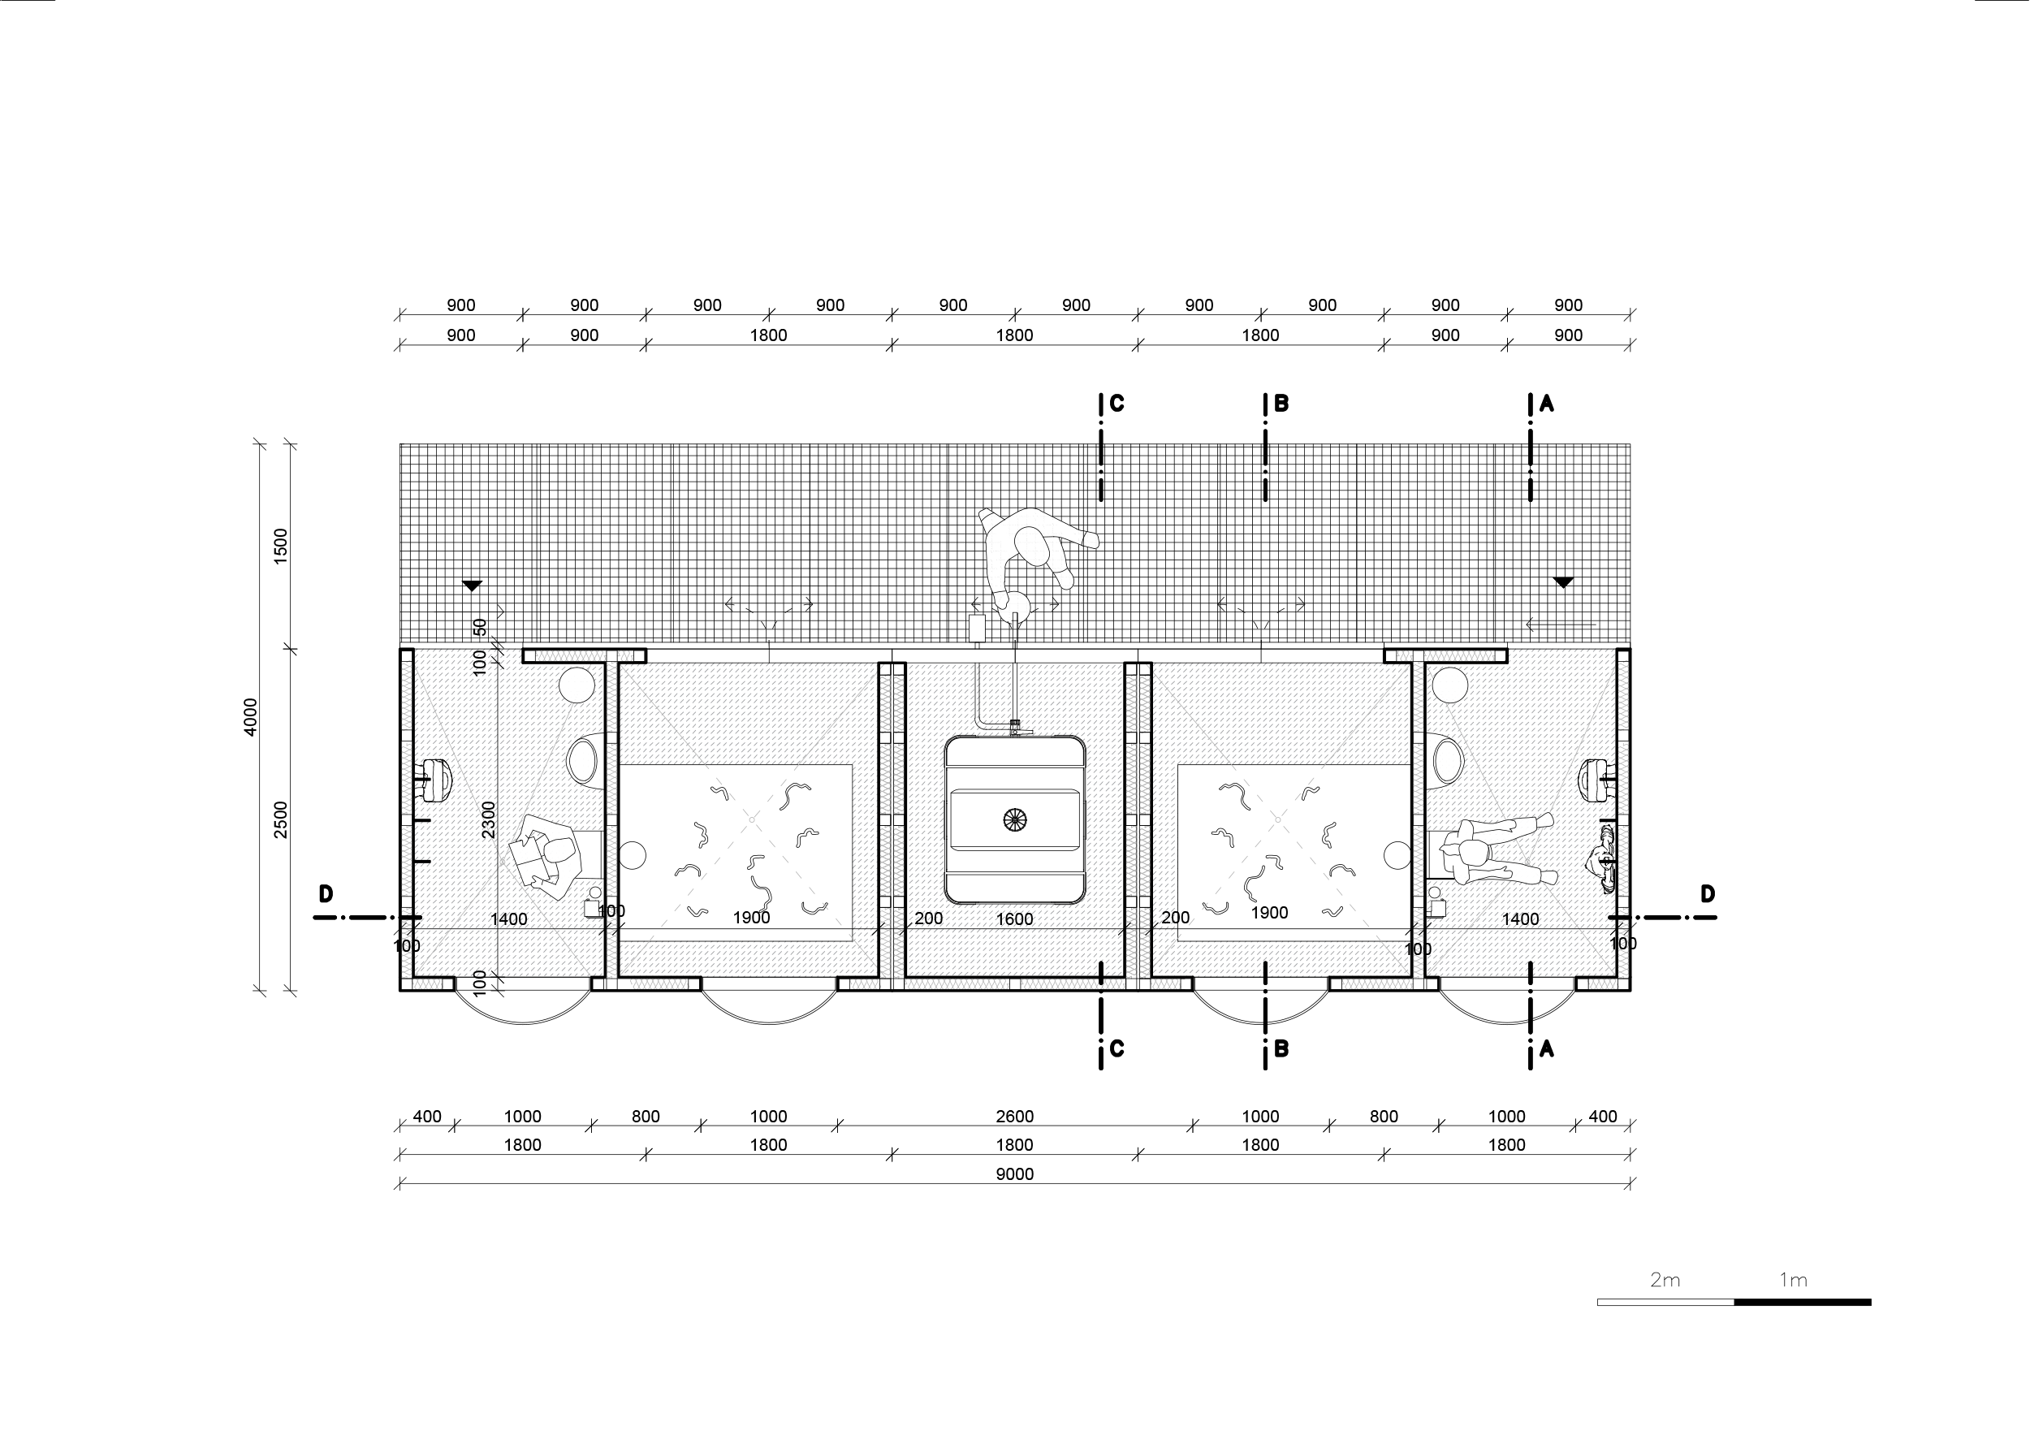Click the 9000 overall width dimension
click(x=1014, y=1174)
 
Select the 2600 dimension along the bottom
click(x=1014, y=1117)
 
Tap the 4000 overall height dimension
click(x=250, y=717)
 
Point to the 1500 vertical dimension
click(x=281, y=546)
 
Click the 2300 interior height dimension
click(x=489, y=819)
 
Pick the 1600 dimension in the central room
click(x=1014, y=919)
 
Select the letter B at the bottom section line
click(x=1281, y=1049)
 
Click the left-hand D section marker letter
click(x=326, y=894)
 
